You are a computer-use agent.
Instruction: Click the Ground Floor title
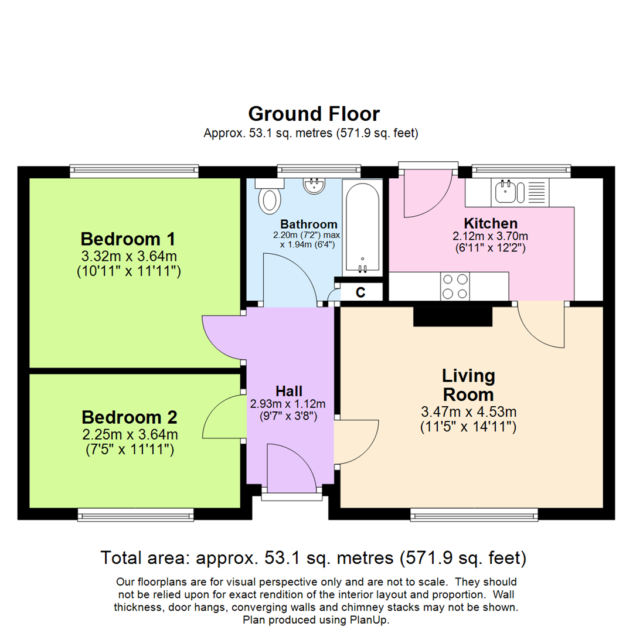(x=314, y=114)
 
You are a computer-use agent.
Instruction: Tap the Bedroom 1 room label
(x=128, y=239)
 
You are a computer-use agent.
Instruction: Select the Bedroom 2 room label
(x=129, y=417)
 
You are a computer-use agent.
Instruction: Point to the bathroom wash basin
(x=314, y=186)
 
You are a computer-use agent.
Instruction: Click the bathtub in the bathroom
(x=361, y=226)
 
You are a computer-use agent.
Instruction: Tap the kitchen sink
(x=504, y=192)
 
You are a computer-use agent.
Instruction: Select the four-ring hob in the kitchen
(x=454, y=287)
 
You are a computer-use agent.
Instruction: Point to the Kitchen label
(x=491, y=223)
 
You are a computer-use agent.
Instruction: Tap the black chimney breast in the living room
(x=452, y=316)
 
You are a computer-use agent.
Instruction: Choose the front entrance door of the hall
(x=291, y=469)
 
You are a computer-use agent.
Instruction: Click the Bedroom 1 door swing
(x=223, y=338)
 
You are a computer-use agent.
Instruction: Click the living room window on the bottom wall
(x=474, y=515)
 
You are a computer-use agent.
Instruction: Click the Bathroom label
(x=308, y=224)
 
